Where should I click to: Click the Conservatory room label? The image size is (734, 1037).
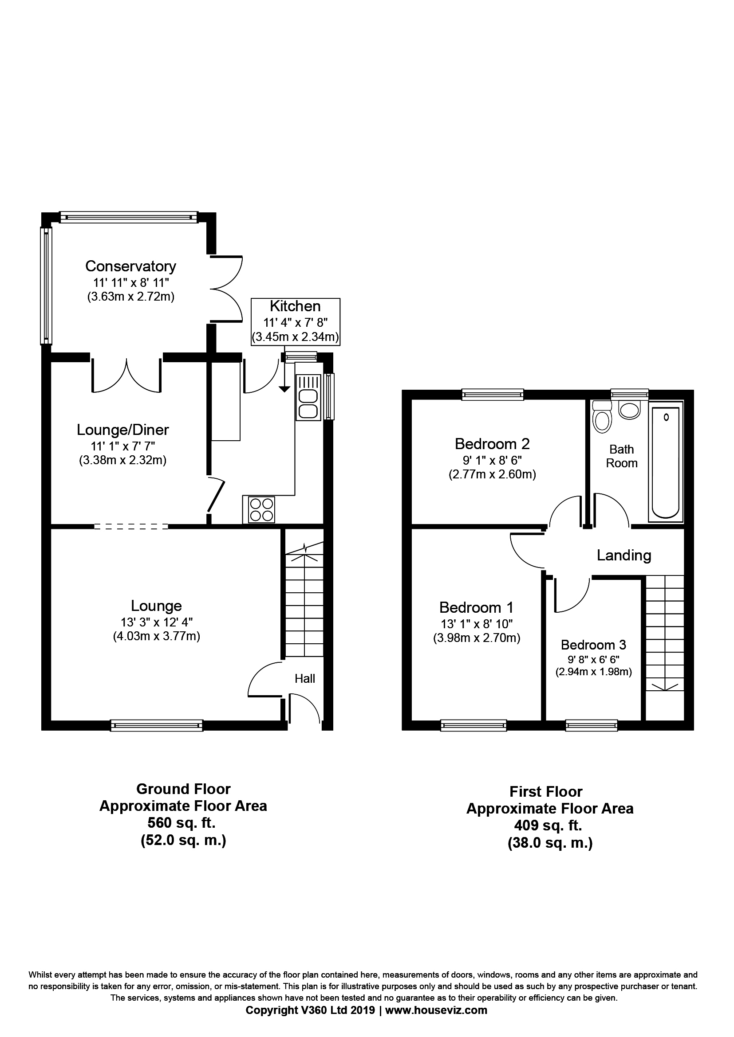130,266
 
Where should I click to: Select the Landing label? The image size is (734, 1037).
624,555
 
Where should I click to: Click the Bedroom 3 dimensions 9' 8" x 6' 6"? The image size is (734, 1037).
593,659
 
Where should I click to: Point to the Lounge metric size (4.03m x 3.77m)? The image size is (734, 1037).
156,636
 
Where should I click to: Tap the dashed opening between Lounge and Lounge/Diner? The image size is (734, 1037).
131,526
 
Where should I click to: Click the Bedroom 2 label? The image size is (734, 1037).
492,444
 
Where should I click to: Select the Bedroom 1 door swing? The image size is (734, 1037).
527,551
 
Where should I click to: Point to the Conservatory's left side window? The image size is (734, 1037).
47,286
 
